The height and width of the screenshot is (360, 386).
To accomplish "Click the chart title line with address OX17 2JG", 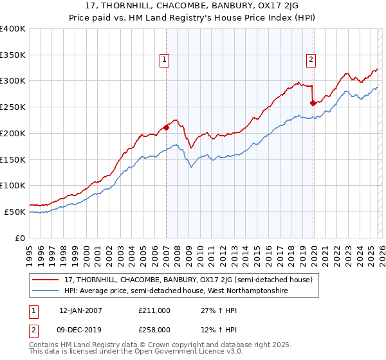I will [x=193, y=6].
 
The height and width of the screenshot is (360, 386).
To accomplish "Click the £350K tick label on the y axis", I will [x=13, y=55].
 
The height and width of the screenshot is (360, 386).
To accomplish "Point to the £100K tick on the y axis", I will [x=13, y=185].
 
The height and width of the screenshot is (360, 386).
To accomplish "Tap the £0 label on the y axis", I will [x=21, y=238].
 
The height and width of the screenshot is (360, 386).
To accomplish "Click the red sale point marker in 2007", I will [x=166, y=127].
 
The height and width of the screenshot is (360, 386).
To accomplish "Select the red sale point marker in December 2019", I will [x=313, y=102].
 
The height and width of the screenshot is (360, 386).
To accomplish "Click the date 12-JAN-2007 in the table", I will [x=80, y=310].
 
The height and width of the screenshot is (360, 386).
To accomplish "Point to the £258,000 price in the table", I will [x=154, y=330].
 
